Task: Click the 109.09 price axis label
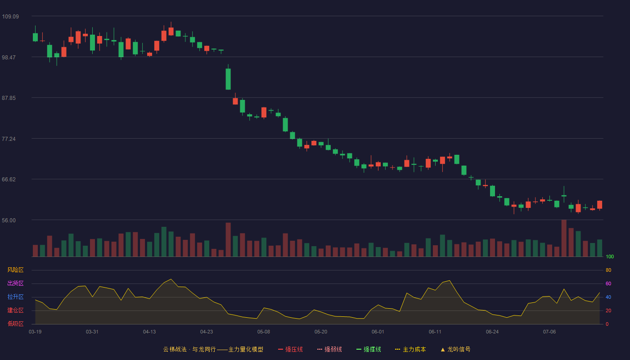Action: (x=10, y=17)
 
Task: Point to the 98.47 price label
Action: (x=9, y=58)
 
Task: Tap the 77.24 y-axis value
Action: (x=9, y=139)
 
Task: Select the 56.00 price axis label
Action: (x=9, y=220)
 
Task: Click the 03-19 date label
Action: (x=35, y=332)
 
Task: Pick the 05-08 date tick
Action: (x=264, y=332)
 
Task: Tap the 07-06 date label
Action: (x=549, y=332)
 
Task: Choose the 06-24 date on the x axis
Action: (x=492, y=332)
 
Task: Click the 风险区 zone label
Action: (x=15, y=270)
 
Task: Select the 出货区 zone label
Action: (x=15, y=283)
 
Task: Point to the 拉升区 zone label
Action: (x=15, y=297)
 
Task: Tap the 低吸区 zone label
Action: (x=15, y=324)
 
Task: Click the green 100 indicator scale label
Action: (x=610, y=256)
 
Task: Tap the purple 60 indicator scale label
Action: (x=608, y=283)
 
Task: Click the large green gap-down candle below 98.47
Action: (x=228, y=79)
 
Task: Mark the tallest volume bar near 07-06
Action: (x=564, y=238)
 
